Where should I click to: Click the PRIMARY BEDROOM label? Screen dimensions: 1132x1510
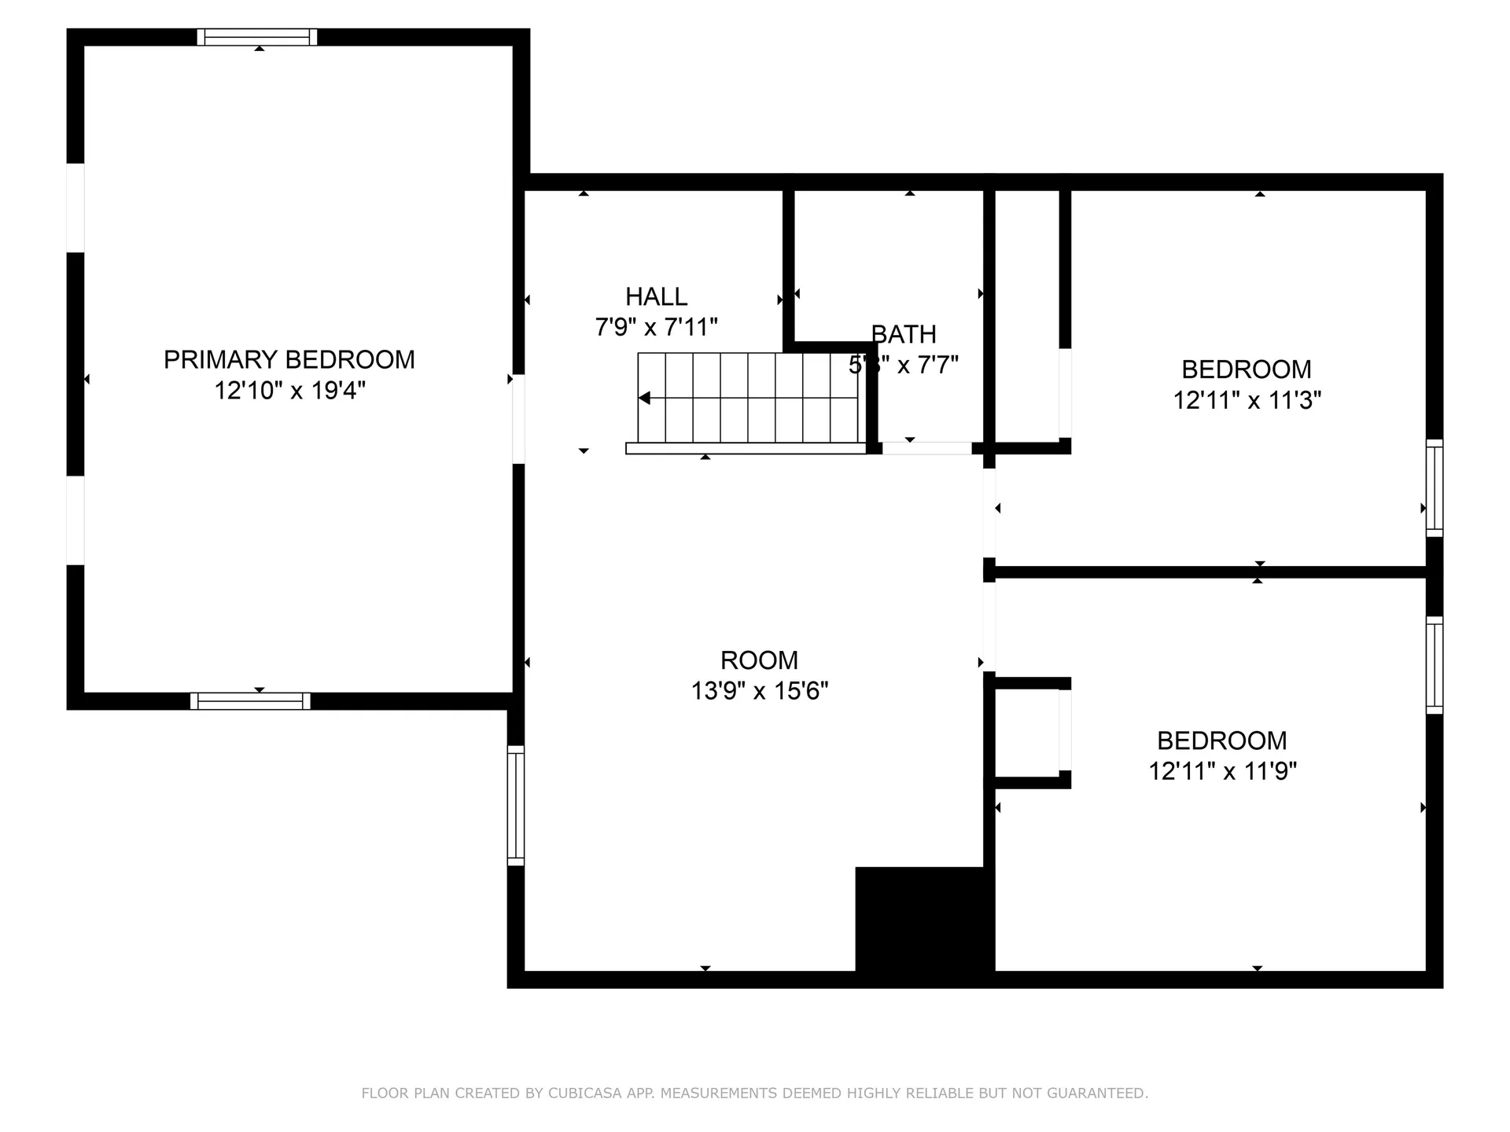(289, 359)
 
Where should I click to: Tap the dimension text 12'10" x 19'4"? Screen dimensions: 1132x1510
(289, 391)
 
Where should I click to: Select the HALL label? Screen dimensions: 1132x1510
(656, 296)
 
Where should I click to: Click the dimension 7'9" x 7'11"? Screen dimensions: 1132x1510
(656, 327)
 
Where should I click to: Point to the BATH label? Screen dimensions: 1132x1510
(904, 334)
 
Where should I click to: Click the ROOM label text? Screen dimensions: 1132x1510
(759, 660)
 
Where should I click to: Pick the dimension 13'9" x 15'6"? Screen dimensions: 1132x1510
(759, 691)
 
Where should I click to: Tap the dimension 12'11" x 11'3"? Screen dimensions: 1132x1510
(1247, 400)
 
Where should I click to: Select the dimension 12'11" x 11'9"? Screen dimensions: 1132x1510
(1222, 771)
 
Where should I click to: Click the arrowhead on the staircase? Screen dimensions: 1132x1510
(644, 399)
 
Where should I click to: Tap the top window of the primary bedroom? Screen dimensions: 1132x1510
(257, 37)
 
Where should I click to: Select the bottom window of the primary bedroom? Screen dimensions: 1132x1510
(250, 701)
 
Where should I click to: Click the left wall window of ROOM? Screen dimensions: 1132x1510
(515, 806)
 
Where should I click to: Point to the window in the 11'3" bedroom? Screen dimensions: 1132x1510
(1434, 488)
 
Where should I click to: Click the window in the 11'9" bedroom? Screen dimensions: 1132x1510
(1434, 665)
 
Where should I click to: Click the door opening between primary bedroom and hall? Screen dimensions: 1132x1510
(518, 418)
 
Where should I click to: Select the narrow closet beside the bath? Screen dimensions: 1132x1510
(1026, 314)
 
